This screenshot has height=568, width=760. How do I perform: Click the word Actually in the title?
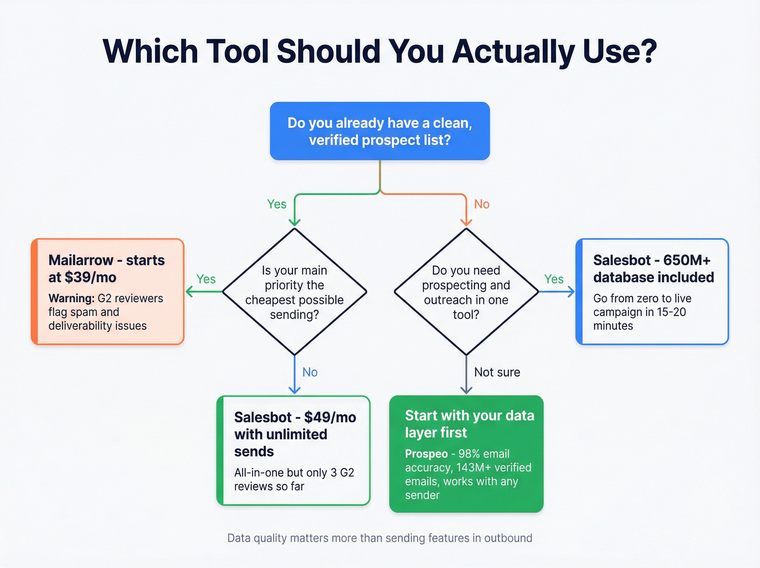pyautogui.click(x=513, y=52)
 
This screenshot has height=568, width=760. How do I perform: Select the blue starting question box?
pyautogui.click(x=379, y=131)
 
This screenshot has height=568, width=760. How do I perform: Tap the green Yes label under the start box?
pyautogui.click(x=276, y=204)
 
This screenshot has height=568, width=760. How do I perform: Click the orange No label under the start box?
pyautogui.click(x=482, y=204)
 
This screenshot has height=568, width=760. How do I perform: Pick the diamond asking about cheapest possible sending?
pyautogui.click(x=294, y=292)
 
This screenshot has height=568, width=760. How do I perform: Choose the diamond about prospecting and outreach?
pyautogui.click(x=466, y=292)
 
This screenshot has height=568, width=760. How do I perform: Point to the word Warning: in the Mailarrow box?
pyautogui.click(x=71, y=298)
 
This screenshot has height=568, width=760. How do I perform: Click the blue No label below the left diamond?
pyautogui.click(x=310, y=372)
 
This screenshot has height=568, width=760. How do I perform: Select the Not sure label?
pyautogui.click(x=497, y=372)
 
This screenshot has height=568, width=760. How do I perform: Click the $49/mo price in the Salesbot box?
pyautogui.click(x=330, y=417)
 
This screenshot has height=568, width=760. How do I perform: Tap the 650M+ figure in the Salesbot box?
pyautogui.click(x=687, y=260)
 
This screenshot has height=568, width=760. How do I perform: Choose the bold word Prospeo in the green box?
pyautogui.click(x=426, y=454)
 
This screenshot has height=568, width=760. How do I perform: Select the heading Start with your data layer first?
pyautogui.click(x=469, y=424)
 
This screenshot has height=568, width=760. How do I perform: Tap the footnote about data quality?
pyautogui.click(x=379, y=538)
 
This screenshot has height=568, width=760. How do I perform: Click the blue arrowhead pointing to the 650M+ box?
pyautogui.click(x=571, y=292)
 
